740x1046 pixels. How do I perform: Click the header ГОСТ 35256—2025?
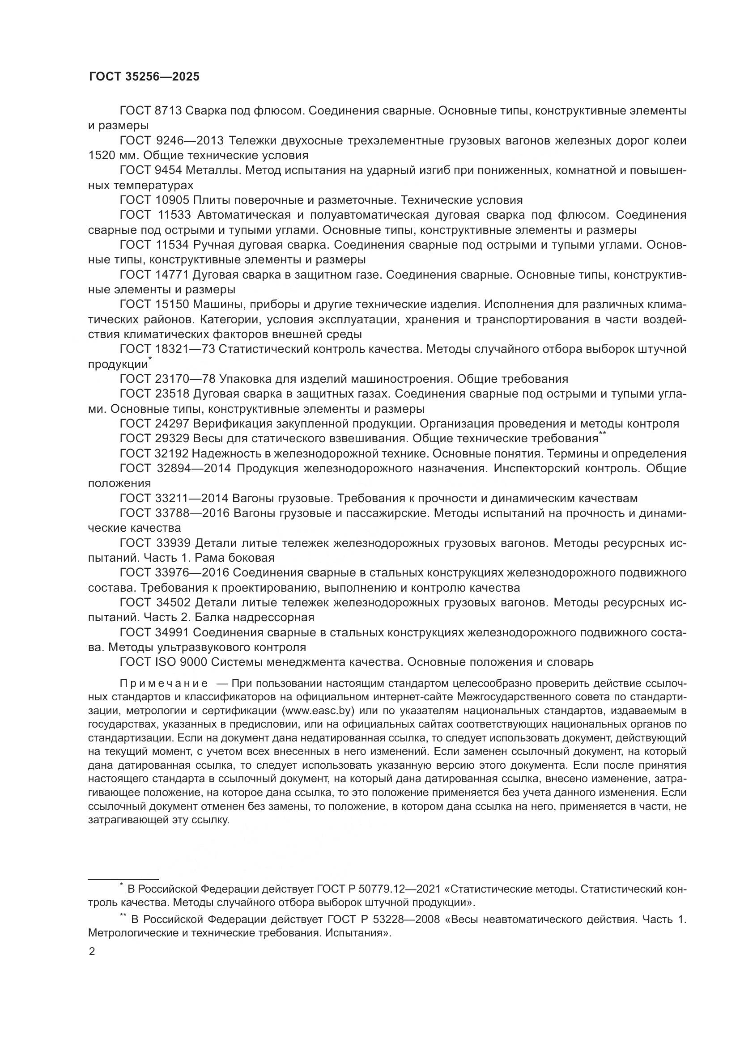(x=144, y=77)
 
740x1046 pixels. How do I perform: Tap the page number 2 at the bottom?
(x=92, y=952)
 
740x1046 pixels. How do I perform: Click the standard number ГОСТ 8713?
(x=150, y=111)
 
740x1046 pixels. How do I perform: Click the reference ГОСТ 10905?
(x=154, y=200)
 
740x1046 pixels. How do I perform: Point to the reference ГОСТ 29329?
(x=154, y=439)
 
